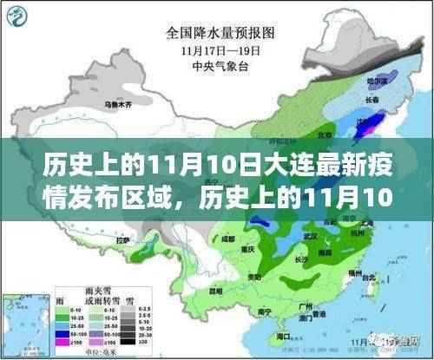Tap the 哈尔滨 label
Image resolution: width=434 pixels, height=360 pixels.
point(376,81)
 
